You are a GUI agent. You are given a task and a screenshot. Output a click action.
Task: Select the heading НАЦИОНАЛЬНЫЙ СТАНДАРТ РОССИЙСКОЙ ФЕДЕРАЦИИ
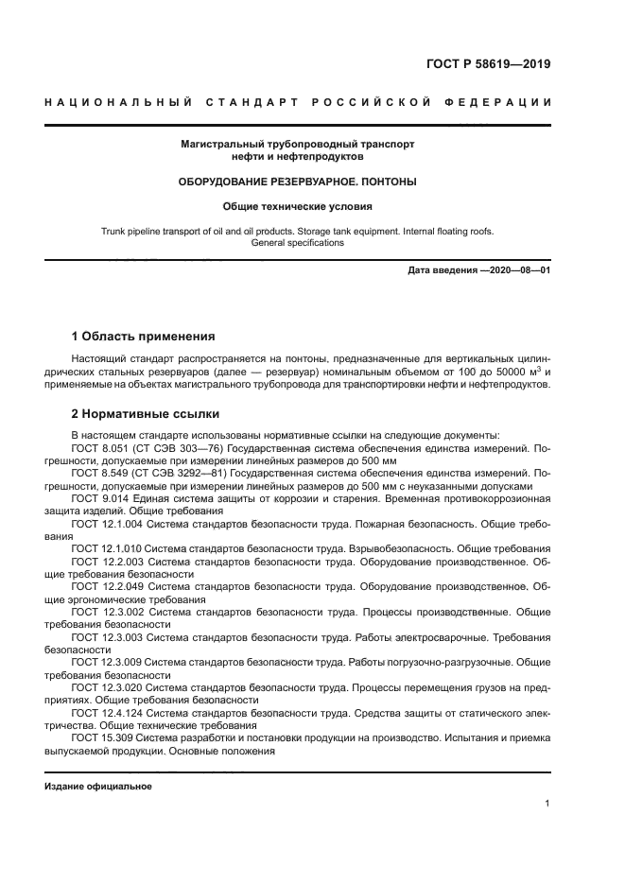(298, 102)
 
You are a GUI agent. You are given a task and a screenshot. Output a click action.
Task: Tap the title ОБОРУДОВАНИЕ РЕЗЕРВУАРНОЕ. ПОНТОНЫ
(298, 181)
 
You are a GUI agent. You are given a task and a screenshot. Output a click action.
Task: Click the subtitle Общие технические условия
(298, 205)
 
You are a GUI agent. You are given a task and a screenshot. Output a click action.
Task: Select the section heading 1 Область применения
(144, 336)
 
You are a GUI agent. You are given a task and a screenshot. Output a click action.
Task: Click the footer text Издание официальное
(98, 786)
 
